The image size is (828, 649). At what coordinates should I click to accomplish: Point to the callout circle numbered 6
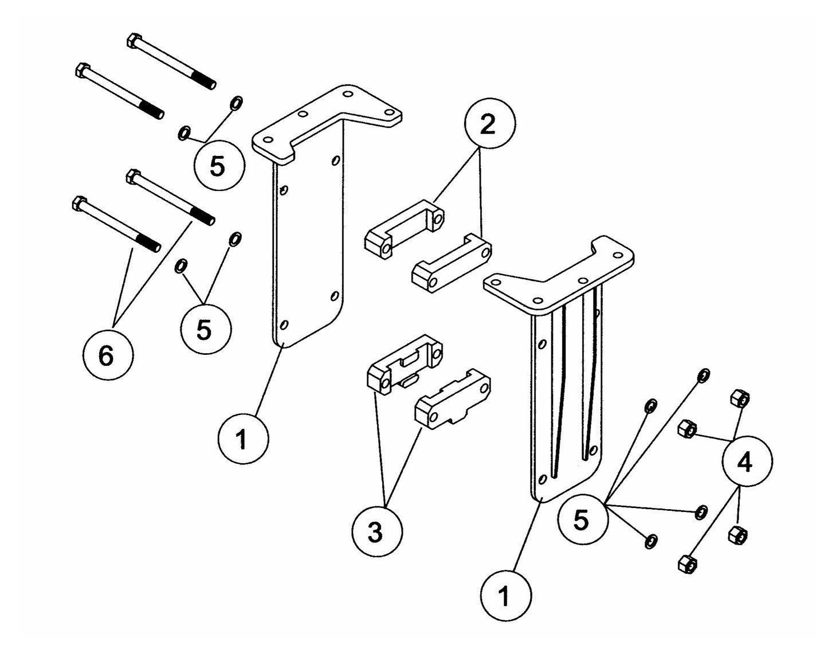pyautogui.click(x=107, y=355)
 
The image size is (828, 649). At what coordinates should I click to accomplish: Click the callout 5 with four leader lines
pyautogui.click(x=582, y=521)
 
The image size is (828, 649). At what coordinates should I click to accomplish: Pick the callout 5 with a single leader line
pyautogui.click(x=218, y=166)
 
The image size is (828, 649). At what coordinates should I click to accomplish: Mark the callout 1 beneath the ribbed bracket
pyautogui.click(x=505, y=596)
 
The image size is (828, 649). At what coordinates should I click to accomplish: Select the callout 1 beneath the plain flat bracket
pyautogui.click(x=242, y=440)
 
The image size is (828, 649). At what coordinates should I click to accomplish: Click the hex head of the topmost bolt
pyautogui.click(x=132, y=41)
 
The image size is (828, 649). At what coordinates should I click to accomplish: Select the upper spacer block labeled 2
pyautogui.click(x=404, y=226)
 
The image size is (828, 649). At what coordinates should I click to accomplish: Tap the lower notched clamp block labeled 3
pyautogui.click(x=453, y=398)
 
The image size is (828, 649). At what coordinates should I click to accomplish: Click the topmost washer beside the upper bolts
pyautogui.click(x=235, y=103)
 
